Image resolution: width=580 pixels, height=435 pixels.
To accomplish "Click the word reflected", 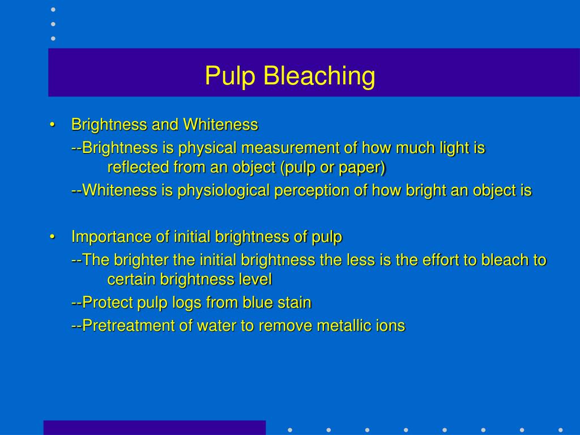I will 138,168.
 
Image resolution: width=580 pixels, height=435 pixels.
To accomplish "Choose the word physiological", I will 224,191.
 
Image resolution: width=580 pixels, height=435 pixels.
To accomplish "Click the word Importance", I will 104,237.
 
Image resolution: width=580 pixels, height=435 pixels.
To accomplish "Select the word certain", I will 131,279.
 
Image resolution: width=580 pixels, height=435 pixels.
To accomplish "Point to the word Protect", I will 108,302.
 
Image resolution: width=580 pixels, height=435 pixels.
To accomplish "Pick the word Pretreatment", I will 127,326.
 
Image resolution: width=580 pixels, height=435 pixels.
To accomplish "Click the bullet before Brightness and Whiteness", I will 52,125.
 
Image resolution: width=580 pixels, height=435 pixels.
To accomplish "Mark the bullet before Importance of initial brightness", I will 52,237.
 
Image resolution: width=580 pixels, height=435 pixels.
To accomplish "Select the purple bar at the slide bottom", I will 154,427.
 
